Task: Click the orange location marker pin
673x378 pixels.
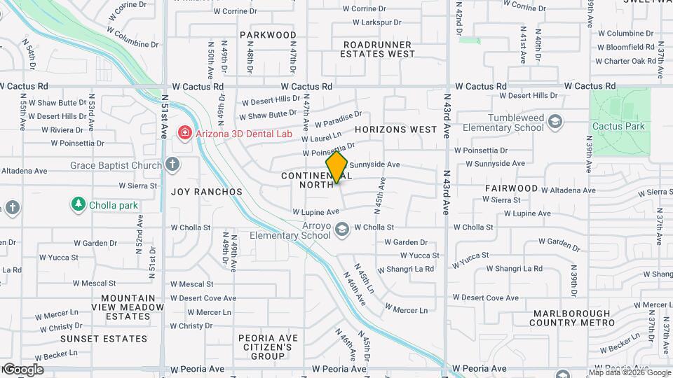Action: coord(336,168)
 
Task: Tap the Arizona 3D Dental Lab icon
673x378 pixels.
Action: coord(184,132)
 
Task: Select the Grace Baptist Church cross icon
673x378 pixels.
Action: coord(172,165)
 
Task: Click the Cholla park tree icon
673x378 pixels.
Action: coord(78,204)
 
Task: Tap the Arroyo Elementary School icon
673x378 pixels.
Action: coord(341,230)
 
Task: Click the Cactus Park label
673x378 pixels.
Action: coord(617,126)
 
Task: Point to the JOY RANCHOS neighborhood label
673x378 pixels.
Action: coord(207,191)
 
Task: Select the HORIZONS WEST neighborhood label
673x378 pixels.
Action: coord(395,129)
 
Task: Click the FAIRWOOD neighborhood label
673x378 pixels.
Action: coord(511,188)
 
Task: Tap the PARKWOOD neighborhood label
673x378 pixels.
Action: coord(268,34)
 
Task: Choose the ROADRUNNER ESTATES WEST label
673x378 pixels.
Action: coord(379,48)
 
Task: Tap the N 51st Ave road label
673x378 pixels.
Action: coord(164,116)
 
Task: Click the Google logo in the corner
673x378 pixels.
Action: coord(22,369)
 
